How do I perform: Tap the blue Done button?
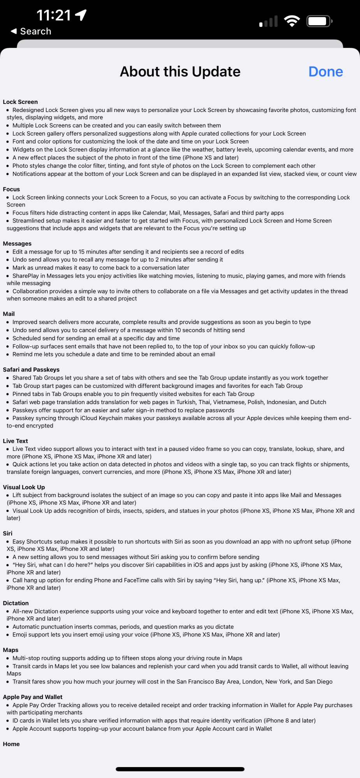(325, 72)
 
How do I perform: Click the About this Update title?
(180, 72)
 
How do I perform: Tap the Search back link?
(31, 31)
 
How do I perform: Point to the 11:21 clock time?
(54, 16)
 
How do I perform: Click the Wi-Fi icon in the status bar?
(292, 21)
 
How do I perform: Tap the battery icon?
(319, 21)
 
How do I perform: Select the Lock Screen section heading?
(20, 102)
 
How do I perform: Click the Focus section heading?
(11, 189)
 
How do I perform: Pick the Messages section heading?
(17, 244)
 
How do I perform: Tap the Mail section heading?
(9, 314)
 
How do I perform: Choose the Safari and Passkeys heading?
(31, 370)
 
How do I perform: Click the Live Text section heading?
(15, 441)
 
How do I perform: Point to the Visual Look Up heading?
(24, 487)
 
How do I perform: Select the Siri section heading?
(7, 533)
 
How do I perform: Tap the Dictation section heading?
(16, 603)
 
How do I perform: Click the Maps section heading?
(11, 650)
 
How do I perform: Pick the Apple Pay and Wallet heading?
(33, 697)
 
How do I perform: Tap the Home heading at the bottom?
(11, 744)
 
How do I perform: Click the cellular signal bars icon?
(269, 21)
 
